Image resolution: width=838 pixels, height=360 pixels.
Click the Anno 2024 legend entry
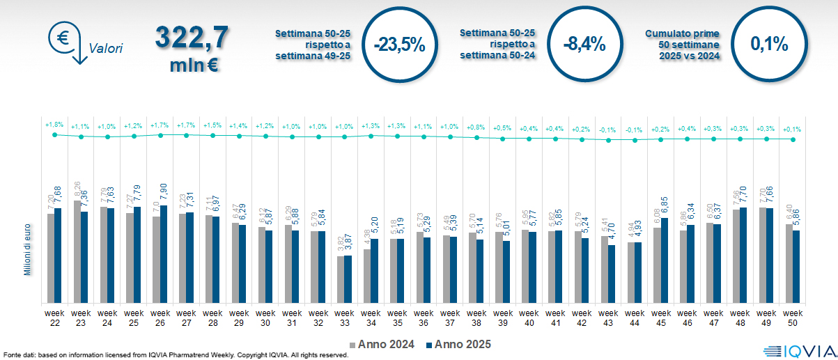pos(382,344)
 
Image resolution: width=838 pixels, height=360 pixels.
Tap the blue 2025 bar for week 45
pos(665,262)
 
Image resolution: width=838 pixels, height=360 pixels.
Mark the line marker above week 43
pos(608,140)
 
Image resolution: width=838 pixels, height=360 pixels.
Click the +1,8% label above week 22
pos(54,125)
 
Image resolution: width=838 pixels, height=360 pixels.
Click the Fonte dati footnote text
pos(174,354)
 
